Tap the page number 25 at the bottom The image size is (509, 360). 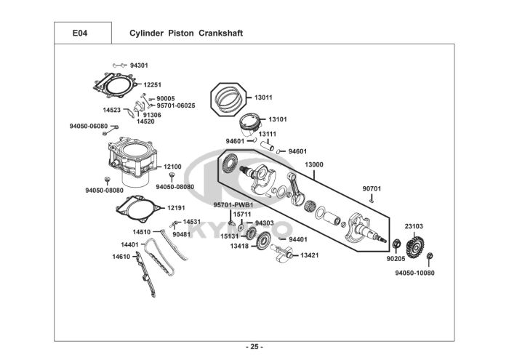pyautogui.click(x=254, y=345)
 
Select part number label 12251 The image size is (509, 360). pyautogui.click(x=153, y=85)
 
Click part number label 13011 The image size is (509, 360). pyautogui.click(x=263, y=97)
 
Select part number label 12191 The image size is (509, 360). pyautogui.click(x=177, y=207)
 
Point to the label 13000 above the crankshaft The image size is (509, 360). pyautogui.click(x=314, y=165)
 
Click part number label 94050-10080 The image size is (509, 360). pyautogui.click(x=414, y=273)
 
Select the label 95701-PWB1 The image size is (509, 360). pyautogui.click(x=233, y=204)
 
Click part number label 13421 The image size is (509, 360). pyautogui.click(x=310, y=255)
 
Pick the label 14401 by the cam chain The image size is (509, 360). pyautogui.click(x=130, y=244)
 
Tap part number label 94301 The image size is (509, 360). pyautogui.click(x=139, y=65)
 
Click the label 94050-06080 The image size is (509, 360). pyautogui.click(x=89, y=126)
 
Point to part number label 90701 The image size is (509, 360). pyautogui.click(x=372, y=188)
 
